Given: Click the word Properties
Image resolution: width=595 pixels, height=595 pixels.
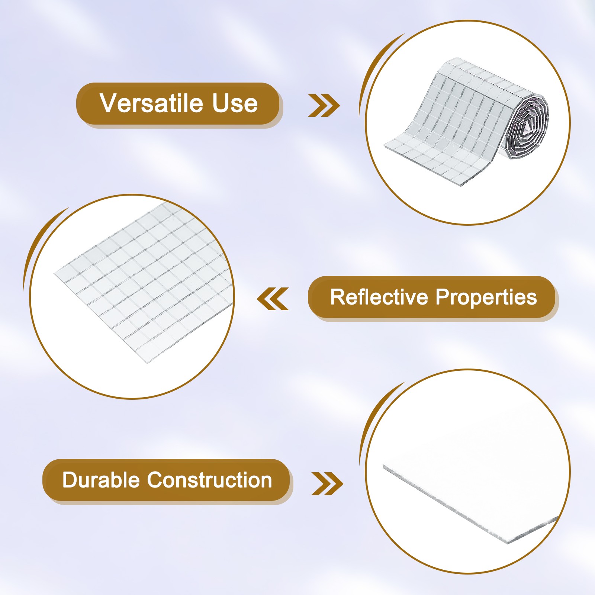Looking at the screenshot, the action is (x=486, y=298).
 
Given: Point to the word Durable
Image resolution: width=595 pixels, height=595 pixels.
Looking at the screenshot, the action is (x=102, y=480).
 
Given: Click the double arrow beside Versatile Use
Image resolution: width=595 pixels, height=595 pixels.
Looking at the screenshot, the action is (x=324, y=105).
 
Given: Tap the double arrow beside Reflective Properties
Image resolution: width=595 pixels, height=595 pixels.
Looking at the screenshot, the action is (x=273, y=299).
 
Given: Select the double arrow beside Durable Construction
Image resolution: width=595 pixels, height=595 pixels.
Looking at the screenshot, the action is (x=327, y=483).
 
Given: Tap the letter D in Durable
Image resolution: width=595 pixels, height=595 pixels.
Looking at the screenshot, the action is (x=70, y=480).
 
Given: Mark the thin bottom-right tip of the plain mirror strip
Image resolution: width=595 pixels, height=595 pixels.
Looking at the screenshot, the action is (x=558, y=518).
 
